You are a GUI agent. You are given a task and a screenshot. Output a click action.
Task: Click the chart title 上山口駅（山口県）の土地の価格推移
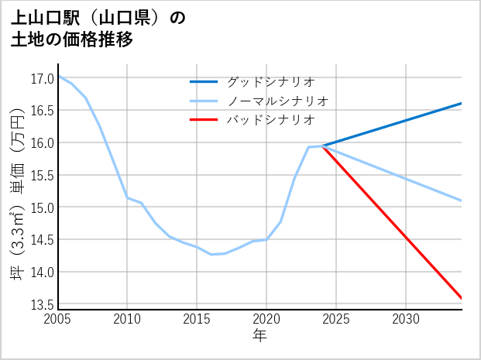99,29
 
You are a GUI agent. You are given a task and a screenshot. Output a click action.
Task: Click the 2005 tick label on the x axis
57,319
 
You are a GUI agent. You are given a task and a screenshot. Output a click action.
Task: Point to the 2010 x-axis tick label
127,319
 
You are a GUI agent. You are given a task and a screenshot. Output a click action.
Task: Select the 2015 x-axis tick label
197,319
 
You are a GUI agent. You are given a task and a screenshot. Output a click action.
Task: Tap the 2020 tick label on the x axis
266,319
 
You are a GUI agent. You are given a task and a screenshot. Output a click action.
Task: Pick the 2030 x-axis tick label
406,319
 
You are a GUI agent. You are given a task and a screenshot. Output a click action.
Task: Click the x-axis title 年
259,336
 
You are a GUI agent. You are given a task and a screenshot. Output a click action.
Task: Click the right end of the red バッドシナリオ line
462,298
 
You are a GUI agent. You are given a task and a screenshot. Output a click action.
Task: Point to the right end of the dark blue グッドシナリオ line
462,103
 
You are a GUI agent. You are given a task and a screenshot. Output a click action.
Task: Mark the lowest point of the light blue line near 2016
211,254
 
